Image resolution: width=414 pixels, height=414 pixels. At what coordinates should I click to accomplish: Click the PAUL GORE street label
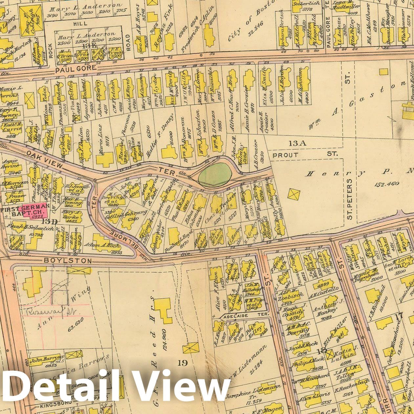(76, 68)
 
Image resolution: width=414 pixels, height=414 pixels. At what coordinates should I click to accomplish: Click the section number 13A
(297, 143)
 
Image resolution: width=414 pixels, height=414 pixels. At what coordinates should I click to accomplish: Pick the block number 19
(183, 362)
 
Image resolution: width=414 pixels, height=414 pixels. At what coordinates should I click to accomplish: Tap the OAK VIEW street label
(44, 159)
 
